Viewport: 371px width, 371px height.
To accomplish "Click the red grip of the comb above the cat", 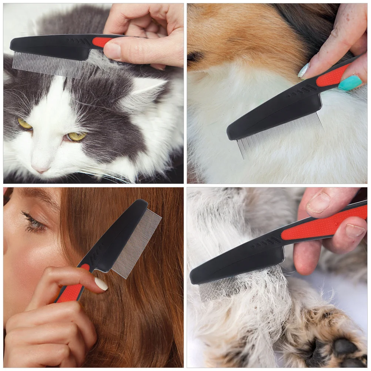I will click(x=101, y=42).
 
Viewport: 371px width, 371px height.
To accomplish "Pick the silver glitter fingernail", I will click(x=304, y=70).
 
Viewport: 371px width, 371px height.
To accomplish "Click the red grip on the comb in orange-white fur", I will click(x=332, y=76).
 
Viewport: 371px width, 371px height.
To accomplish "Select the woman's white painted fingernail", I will click(x=101, y=284).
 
